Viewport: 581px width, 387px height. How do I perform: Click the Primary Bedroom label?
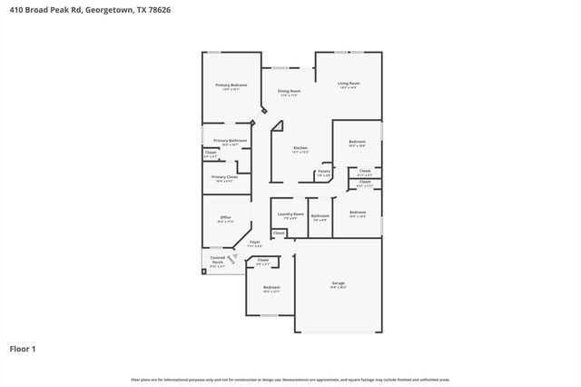click(231, 85)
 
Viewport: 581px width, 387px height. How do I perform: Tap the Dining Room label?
click(289, 92)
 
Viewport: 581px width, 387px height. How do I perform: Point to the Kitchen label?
click(300, 149)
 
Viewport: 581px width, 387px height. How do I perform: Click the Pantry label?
click(324, 172)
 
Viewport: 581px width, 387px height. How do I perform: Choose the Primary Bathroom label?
click(231, 141)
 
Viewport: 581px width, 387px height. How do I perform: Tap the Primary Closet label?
click(223, 178)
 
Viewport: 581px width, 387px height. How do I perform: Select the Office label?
click(226, 218)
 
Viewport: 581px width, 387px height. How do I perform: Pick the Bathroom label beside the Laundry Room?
click(320, 216)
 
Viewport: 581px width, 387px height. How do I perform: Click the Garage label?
click(338, 283)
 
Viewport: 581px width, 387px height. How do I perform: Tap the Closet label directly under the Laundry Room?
click(279, 233)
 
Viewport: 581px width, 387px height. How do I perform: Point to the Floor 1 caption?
click(22, 348)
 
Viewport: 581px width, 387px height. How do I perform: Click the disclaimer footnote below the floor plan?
click(290, 379)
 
